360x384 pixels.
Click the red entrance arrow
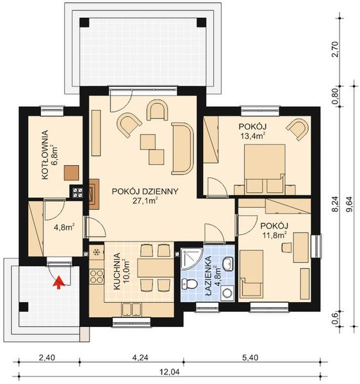(x=59, y=282)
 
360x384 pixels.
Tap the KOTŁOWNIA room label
(x=45, y=155)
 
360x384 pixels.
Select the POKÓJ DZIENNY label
(x=145, y=191)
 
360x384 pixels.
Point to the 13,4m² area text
(x=253, y=136)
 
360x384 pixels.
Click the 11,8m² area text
(x=275, y=235)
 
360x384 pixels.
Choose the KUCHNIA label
(x=117, y=271)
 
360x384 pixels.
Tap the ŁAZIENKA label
(x=208, y=276)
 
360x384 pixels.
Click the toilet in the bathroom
(x=189, y=284)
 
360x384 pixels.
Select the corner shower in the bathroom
(x=191, y=259)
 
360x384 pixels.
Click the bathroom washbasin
(x=229, y=264)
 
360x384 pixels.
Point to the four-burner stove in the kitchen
(x=96, y=276)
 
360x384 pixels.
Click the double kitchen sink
(x=131, y=309)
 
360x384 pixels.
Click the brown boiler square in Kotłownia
(x=72, y=173)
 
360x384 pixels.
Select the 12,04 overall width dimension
(x=170, y=372)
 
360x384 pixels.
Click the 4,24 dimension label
(x=140, y=358)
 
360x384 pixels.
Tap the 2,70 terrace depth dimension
(x=335, y=49)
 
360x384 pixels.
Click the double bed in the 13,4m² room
(x=265, y=169)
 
